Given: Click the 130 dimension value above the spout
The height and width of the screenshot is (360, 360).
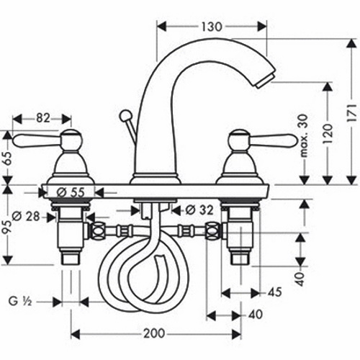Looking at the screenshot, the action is click(212, 27).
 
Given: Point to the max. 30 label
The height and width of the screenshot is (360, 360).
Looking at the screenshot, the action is click(304, 136).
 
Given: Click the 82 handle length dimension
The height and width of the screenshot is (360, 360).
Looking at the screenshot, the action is click(43, 118).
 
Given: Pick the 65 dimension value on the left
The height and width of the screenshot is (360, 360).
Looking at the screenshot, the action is click(8, 158).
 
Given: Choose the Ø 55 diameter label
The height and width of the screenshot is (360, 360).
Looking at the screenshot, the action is click(71, 192).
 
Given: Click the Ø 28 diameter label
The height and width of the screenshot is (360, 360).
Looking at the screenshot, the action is click(26, 217).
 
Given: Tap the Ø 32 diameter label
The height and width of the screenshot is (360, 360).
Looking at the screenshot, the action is click(199, 210).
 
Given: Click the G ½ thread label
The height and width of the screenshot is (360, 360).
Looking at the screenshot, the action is click(20, 302).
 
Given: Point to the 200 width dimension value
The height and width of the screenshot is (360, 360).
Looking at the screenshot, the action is click(154, 333).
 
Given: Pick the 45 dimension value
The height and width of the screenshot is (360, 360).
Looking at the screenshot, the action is click(275, 292).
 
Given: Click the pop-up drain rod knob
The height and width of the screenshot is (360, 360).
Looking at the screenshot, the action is click(125, 115).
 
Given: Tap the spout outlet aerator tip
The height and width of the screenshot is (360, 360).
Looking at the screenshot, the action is click(265, 82).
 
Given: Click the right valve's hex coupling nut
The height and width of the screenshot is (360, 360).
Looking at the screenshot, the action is click(212, 231).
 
